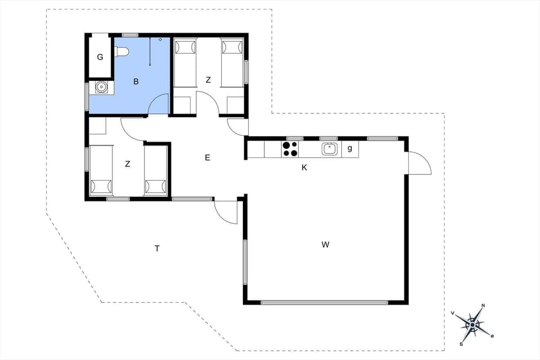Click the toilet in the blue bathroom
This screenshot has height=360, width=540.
coord(121,52)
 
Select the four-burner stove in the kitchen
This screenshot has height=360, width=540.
coord(290,149)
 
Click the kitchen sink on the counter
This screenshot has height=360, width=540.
coord(330,149)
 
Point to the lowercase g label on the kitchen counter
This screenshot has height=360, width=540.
coord(350,148)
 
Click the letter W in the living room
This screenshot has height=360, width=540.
coord(325,245)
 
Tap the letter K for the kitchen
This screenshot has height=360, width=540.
coord(304,168)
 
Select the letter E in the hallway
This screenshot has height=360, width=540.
coord(207,158)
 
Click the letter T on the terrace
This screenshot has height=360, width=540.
coord(157,248)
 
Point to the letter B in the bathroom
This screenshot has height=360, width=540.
coord(136,82)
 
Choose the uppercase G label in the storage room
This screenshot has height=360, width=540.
coord(100,57)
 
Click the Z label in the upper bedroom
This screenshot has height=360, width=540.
coord(208,80)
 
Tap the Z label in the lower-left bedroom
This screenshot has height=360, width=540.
coord(128,164)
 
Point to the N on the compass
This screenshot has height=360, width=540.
coord(484,307)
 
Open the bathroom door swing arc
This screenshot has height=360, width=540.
coord(159,104)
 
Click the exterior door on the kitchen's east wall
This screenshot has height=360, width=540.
coord(419,163)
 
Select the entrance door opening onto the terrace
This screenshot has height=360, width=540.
coord(226,212)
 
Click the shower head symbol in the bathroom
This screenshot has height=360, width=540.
coord(160,40)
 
